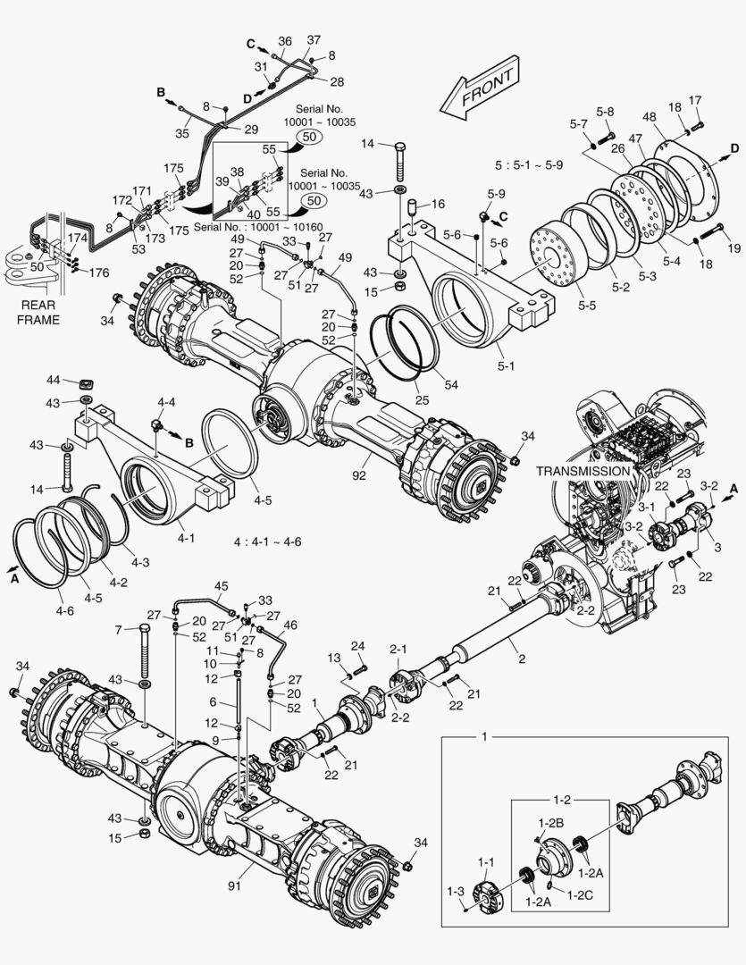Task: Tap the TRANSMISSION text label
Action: pyautogui.click(x=583, y=470)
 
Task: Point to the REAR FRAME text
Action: pyautogui.click(x=37, y=313)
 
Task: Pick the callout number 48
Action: pyautogui.click(x=649, y=117)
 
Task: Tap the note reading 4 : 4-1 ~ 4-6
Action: pyautogui.click(x=268, y=542)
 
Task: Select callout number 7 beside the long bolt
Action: pyautogui.click(x=117, y=630)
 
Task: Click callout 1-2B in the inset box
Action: pyautogui.click(x=550, y=821)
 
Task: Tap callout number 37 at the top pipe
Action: pyautogui.click(x=314, y=40)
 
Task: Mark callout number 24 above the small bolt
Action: pyautogui.click(x=357, y=646)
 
